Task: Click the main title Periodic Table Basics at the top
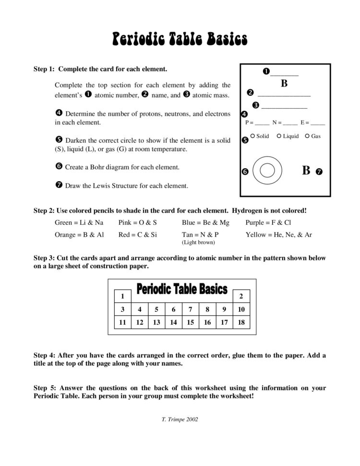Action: tap(180, 39)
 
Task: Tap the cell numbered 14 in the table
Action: tap(173, 322)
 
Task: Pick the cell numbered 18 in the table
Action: tap(241, 322)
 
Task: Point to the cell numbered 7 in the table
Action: tap(190, 309)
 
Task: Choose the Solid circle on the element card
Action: tap(252, 136)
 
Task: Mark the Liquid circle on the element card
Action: tap(279, 136)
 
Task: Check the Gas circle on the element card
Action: tap(307, 136)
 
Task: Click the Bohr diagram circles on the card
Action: tap(267, 170)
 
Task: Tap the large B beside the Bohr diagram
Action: tap(306, 171)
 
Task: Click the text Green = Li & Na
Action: tap(79, 222)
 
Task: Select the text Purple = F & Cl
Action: tap(268, 222)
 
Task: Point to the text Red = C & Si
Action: tap(137, 235)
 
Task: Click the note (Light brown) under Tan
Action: tap(198, 243)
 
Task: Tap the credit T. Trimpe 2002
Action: tap(180, 419)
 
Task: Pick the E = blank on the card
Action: tap(312, 123)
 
